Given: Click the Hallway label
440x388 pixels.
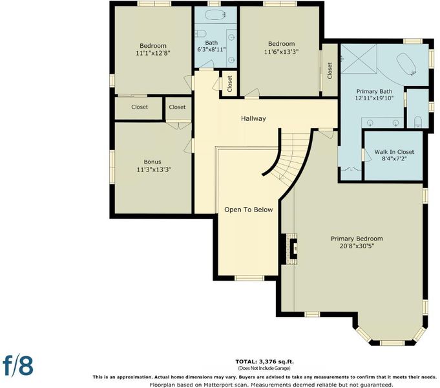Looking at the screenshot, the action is click(253, 118).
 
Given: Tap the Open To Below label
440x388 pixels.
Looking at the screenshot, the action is click(248, 210).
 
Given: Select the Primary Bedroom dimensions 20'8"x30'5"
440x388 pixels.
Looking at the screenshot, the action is click(357, 246).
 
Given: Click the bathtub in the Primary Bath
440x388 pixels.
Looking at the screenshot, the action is click(406, 64).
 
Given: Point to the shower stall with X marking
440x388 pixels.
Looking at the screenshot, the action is click(359, 58).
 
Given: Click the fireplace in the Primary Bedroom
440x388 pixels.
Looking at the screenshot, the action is click(292, 249).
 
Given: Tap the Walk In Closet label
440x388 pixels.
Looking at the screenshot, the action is click(394, 152).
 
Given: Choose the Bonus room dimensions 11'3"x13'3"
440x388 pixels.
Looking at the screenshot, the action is click(154, 169).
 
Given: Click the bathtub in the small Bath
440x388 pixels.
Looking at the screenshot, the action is click(216, 15).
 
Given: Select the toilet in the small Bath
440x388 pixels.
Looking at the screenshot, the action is click(201, 34).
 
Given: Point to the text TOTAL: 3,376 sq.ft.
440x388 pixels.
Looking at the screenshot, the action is click(264, 361).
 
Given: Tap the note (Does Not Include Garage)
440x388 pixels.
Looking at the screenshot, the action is click(264, 368).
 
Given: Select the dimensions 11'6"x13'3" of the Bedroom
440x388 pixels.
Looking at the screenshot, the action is click(281, 52).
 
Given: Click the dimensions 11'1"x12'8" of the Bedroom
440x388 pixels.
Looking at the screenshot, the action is click(153, 53).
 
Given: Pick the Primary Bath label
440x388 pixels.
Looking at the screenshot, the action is click(374, 91).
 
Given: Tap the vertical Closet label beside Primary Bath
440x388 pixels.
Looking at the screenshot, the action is click(330, 70).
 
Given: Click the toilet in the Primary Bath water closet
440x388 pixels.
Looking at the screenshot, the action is click(418, 122).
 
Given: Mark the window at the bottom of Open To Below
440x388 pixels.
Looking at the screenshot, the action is click(249, 278).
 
